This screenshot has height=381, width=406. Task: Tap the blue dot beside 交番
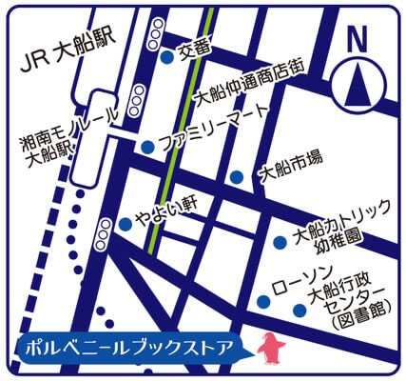point(166,57)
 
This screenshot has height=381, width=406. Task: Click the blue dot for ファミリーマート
point(147,147)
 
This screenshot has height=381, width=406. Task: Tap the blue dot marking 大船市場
point(236,176)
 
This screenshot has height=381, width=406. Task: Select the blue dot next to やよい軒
point(125,225)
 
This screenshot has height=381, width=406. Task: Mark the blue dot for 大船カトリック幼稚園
point(280,242)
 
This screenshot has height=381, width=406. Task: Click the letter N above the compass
point(357,40)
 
